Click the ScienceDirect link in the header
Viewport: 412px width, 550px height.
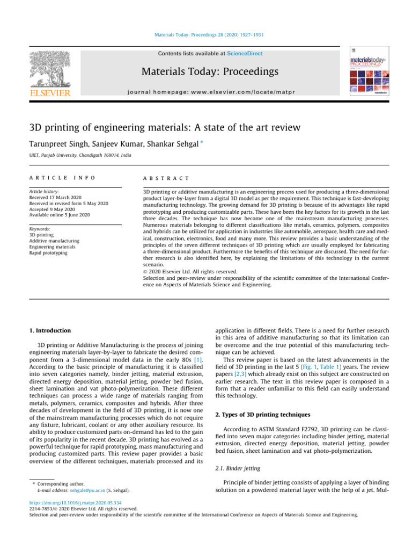tap(245, 54)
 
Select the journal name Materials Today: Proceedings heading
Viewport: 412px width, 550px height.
tap(210, 71)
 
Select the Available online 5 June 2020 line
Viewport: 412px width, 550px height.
tap(60, 215)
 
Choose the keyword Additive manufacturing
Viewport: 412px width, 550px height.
tap(54, 241)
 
